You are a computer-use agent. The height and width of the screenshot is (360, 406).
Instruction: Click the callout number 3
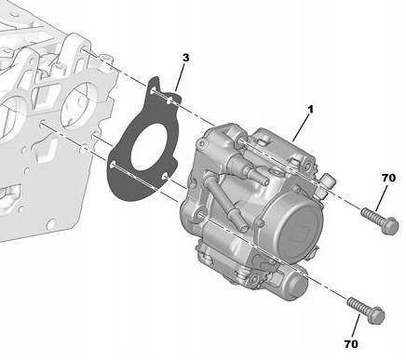pyautogui.click(x=186, y=58)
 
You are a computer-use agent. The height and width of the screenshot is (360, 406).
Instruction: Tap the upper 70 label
pyautogui.click(x=389, y=177)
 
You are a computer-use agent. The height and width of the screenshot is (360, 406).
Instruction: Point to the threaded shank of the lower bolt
pyautogui.click(x=356, y=306)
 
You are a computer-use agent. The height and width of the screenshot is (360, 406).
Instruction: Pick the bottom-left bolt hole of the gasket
pyautogui.click(x=113, y=166)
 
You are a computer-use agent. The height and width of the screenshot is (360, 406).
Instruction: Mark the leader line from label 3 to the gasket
pyautogui.click(x=179, y=78)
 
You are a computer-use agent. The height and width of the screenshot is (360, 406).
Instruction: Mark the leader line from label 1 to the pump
pyautogui.click(x=300, y=127)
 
